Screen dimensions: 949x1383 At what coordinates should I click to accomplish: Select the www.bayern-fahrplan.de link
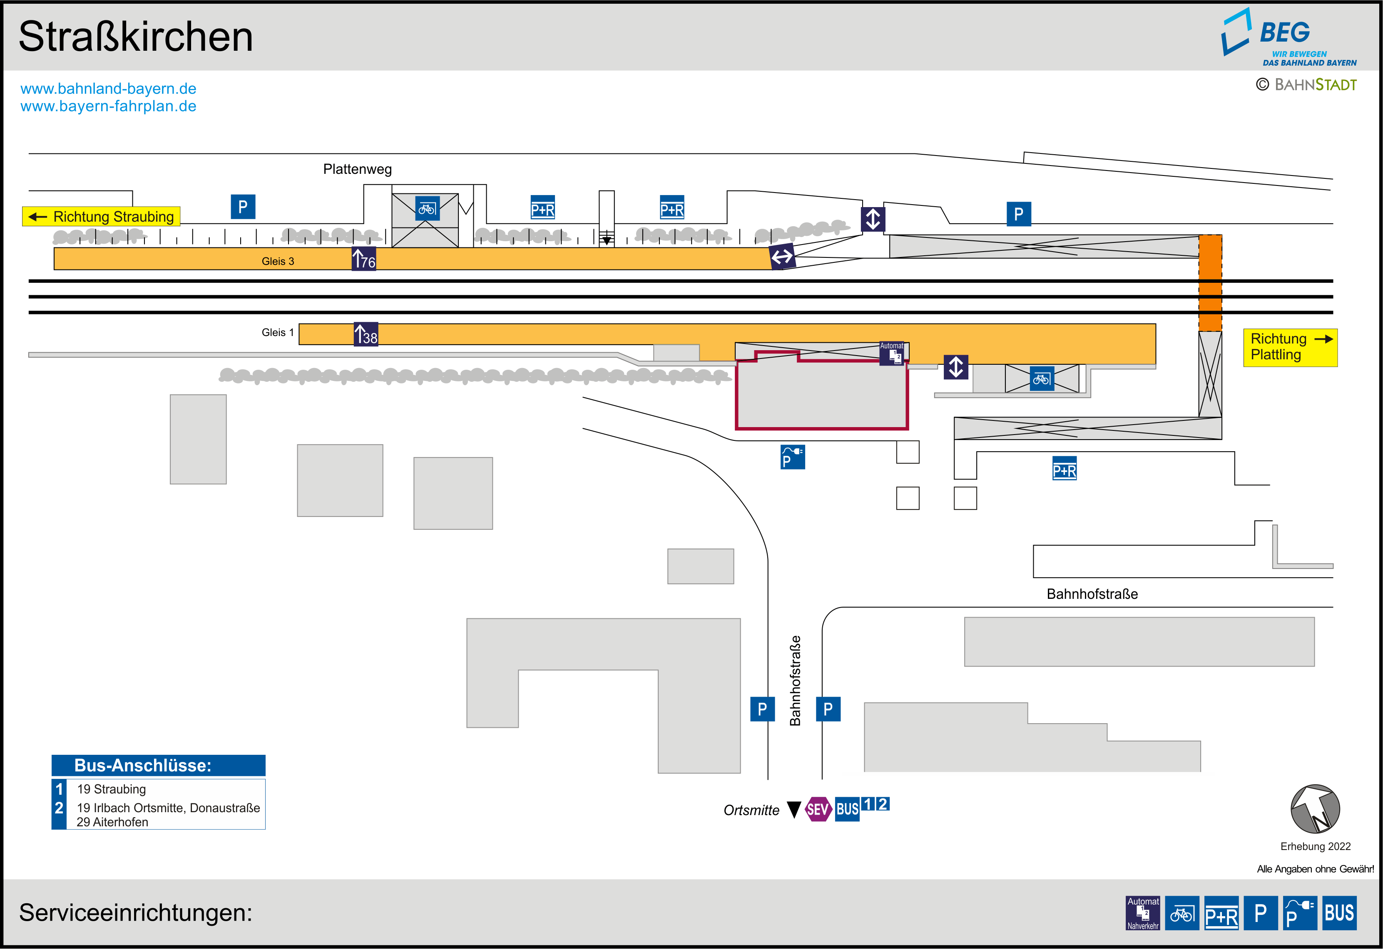(x=108, y=106)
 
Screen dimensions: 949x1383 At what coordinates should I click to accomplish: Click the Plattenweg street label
(x=357, y=170)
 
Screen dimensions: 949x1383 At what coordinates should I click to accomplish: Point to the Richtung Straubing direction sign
(x=101, y=216)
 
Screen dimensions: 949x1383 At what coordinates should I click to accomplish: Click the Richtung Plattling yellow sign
(x=1290, y=347)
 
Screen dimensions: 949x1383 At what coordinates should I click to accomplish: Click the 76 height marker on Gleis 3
(x=363, y=259)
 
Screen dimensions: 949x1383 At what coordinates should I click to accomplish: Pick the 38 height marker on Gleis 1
(x=366, y=335)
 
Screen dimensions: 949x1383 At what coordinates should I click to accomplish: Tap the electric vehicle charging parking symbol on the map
(x=792, y=457)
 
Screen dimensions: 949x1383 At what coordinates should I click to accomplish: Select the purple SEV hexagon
(x=818, y=809)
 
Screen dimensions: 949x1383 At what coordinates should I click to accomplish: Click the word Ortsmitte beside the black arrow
(x=751, y=811)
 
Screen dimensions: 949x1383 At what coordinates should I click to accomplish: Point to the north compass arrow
(x=1315, y=809)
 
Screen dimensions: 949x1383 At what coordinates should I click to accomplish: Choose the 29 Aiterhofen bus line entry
(x=112, y=822)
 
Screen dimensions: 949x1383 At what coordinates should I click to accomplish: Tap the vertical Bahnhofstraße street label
(x=795, y=681)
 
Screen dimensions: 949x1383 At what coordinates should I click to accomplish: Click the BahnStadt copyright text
(x=1306, y=85)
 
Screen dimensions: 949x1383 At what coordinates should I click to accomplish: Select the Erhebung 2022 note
(x=1315, y=846)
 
